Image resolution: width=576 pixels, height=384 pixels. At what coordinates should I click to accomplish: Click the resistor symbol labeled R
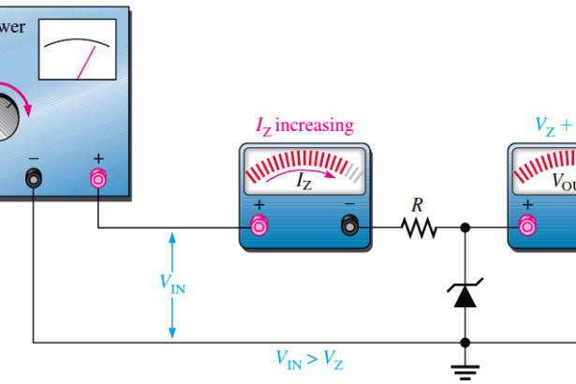pos(419,227)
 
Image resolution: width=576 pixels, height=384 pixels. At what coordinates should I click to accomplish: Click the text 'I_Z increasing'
pos(304,125)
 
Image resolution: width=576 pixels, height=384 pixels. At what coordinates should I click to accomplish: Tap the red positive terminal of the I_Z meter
pos(259,225)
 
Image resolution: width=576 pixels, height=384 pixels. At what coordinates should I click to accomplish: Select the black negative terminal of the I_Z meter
pos(350,225)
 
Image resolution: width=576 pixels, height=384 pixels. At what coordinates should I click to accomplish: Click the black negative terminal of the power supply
pos(34,178)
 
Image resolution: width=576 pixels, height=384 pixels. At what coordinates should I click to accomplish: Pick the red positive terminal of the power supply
pos(97,178)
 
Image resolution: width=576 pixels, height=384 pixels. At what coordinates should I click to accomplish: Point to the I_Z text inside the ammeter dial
pos(305,184)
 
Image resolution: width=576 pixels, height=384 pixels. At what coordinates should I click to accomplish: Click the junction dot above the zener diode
pos(465,227)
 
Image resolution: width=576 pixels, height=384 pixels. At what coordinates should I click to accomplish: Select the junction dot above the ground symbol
pos(465,343)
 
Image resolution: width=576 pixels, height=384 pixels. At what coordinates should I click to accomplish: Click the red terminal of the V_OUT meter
pos(527,225)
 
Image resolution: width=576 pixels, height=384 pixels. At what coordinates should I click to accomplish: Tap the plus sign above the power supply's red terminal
pos(97,158)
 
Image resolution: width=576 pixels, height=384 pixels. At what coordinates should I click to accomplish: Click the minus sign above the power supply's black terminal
pos(34,158)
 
